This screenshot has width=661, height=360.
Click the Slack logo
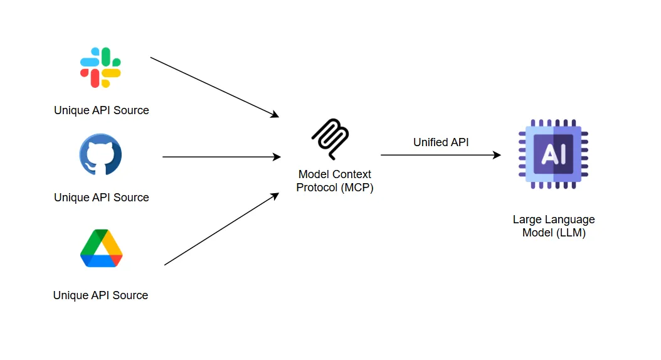coord(100,67)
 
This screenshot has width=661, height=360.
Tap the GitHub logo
coord(100,154)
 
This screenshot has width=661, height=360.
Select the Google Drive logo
coord(101,248)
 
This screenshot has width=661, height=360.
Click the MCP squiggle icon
coord(330,139)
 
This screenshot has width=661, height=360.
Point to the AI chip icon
coord(553,154)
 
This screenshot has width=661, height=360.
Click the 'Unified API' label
coord(441,142)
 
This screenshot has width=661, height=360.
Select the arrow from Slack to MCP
coord(214,87)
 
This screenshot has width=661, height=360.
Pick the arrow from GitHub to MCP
coord(221,157)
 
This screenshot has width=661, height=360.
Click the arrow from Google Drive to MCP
coord(221,229)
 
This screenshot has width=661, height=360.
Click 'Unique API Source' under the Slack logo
coord(102,110)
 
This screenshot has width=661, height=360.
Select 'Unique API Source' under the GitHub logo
coord(102,198)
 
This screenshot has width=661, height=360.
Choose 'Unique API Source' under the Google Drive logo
coord(101,295)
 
